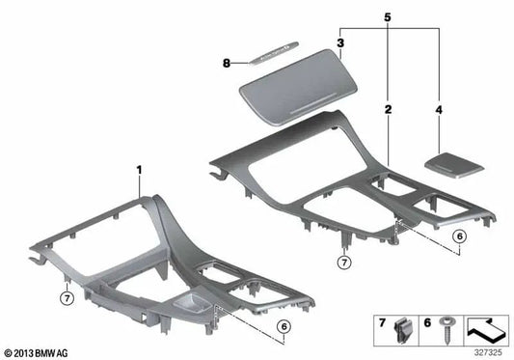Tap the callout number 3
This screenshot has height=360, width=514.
tap(340, 42)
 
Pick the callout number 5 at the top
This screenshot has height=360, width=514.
tap(389, 17)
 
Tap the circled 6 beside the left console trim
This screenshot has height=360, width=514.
tap(284, 327)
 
